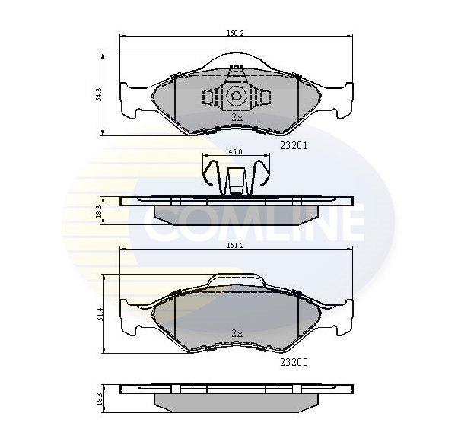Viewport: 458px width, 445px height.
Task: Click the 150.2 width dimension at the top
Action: click(x=235, y=33)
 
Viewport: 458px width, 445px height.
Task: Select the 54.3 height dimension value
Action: click(x=99, y=94)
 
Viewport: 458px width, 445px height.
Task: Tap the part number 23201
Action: click(x=294, y=146)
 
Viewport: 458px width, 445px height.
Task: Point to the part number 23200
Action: click(x=294, y=362)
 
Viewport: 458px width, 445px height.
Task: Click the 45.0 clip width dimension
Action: click(x=235, y=152)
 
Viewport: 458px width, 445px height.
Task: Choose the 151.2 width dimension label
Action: click(x=235, y=246)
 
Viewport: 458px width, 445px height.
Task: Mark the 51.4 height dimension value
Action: click(x=99, y=314)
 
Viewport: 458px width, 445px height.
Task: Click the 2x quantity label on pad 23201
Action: click(x=237, y=118)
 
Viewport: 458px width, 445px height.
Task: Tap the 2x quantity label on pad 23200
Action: click(x=237, y=333)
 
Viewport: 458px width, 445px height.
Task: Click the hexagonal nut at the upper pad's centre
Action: click(x=236, y=96)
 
